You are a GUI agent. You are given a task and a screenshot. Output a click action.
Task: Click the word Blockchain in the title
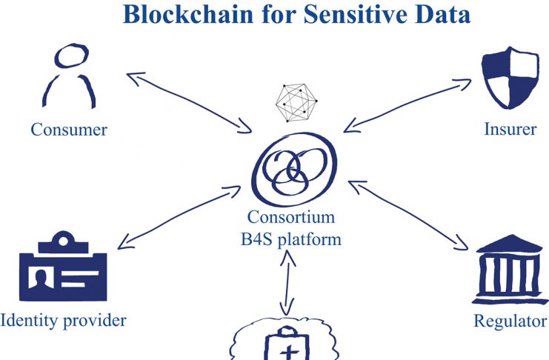click(x=188, y=14)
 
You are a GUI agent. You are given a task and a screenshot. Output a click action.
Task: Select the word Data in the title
click(x=443, y=14)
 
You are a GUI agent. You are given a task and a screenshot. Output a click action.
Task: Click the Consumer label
click(x=69, y=130)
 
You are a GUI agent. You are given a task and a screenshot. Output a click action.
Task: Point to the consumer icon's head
click(x=71, y=56)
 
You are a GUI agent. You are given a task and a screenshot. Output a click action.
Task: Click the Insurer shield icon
click(x=510, y=77)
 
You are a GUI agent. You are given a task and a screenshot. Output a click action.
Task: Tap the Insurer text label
click(x=510, y=129)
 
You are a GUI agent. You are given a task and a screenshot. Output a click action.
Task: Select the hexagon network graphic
click(x=296, y=103)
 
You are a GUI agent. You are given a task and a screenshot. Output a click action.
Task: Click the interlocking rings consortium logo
click(x=294, y=169)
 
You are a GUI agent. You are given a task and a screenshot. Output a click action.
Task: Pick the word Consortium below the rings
click(x=291, y=217)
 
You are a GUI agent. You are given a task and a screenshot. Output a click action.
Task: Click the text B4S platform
click(x=291, y=240)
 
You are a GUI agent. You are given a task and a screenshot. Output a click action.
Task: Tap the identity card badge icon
click(x=63, y=266)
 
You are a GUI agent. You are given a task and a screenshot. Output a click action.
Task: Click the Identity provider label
click(x=64, y=321)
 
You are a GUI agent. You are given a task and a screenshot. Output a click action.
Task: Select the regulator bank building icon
click(x=510, y=270)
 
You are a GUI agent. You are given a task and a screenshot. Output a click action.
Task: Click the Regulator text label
click(x=510, y=321)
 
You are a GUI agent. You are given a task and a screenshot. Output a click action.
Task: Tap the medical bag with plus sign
click(x=287, y=343)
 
